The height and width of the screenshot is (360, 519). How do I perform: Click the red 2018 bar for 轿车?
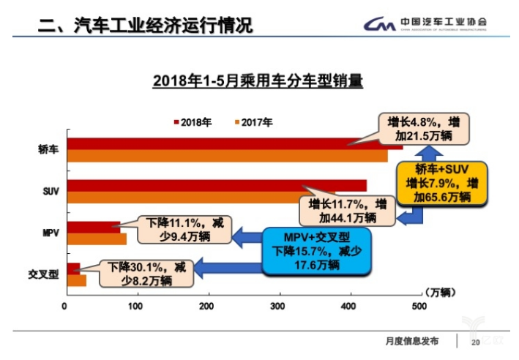point(220,143)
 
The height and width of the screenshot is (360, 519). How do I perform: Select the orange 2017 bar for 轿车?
point(220,155)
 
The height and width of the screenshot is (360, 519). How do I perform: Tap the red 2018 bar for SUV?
point(212,185)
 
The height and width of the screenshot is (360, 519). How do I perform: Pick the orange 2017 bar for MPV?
point(95,239)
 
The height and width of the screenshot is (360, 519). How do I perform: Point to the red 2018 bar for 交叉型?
point(72,269)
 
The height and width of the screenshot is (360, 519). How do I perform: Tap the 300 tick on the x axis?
point(277,306)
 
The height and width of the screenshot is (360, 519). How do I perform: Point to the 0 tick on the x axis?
point(65,306)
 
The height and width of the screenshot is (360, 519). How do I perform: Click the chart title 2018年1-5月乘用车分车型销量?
point(258,81)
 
